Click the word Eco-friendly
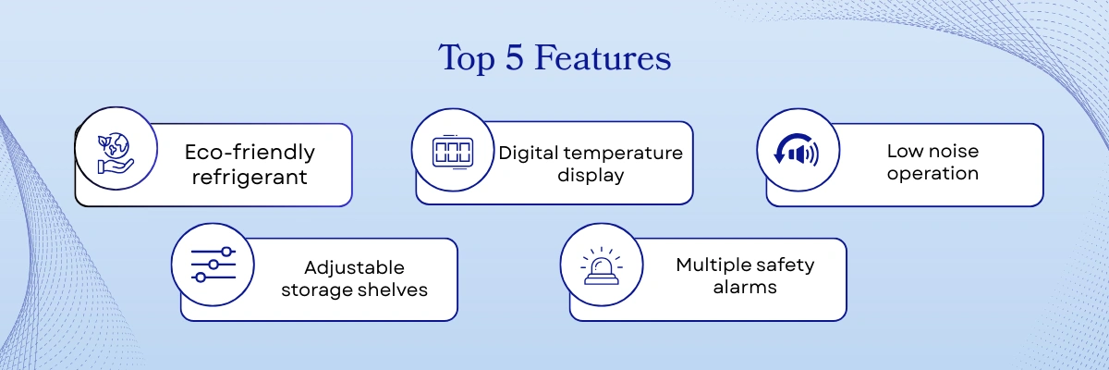pos(250,152)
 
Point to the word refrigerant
pos(250,176)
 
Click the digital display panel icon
pos(453,153)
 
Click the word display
pos(591,175)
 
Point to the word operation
pos(932,173)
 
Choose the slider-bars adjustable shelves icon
pos(213,265)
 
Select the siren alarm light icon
pos(602,265)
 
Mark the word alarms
pos(744,287)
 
